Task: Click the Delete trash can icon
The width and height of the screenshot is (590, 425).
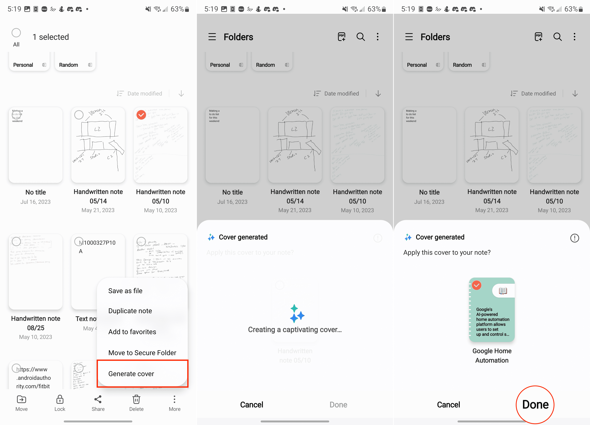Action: coord(136,400)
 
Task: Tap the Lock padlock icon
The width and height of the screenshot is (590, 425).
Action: coord(60,400)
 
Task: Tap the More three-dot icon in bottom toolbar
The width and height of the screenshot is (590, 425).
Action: coord(174,400)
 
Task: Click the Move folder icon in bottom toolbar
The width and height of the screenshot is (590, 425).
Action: coord(21,400)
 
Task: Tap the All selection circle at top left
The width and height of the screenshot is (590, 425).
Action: coord(16,33)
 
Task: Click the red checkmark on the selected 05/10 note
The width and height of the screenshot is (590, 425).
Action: coord(141,115)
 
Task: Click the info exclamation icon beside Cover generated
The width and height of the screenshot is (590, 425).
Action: coord(574,238)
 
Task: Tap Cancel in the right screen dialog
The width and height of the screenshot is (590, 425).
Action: coord(448,404)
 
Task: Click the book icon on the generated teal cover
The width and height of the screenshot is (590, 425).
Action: coord(503,291)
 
